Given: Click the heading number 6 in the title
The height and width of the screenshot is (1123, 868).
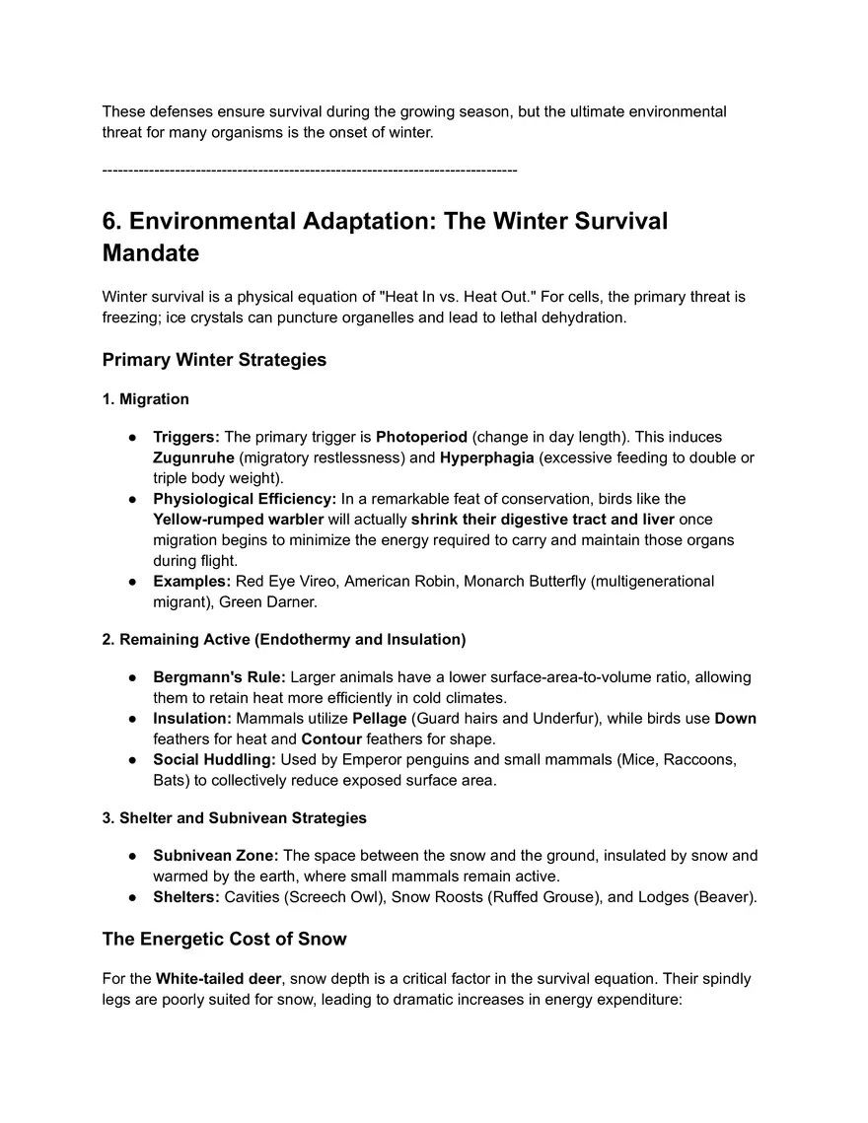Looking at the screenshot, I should click(x=111, y=221).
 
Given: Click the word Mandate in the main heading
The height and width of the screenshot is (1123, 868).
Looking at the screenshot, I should click(x=151, y=253).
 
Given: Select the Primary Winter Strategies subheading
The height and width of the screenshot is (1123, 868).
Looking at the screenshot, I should click(x=214, y=360).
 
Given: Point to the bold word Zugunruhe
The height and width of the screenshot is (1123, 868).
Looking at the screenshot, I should click(x=193, y=457).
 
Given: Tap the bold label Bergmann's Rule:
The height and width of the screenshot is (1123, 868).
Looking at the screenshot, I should click(x=219, y=677).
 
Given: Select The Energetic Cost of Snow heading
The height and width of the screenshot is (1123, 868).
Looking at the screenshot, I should click(x=224, y=939).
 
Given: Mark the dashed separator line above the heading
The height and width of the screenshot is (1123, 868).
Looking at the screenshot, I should click(x=310, y=172).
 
